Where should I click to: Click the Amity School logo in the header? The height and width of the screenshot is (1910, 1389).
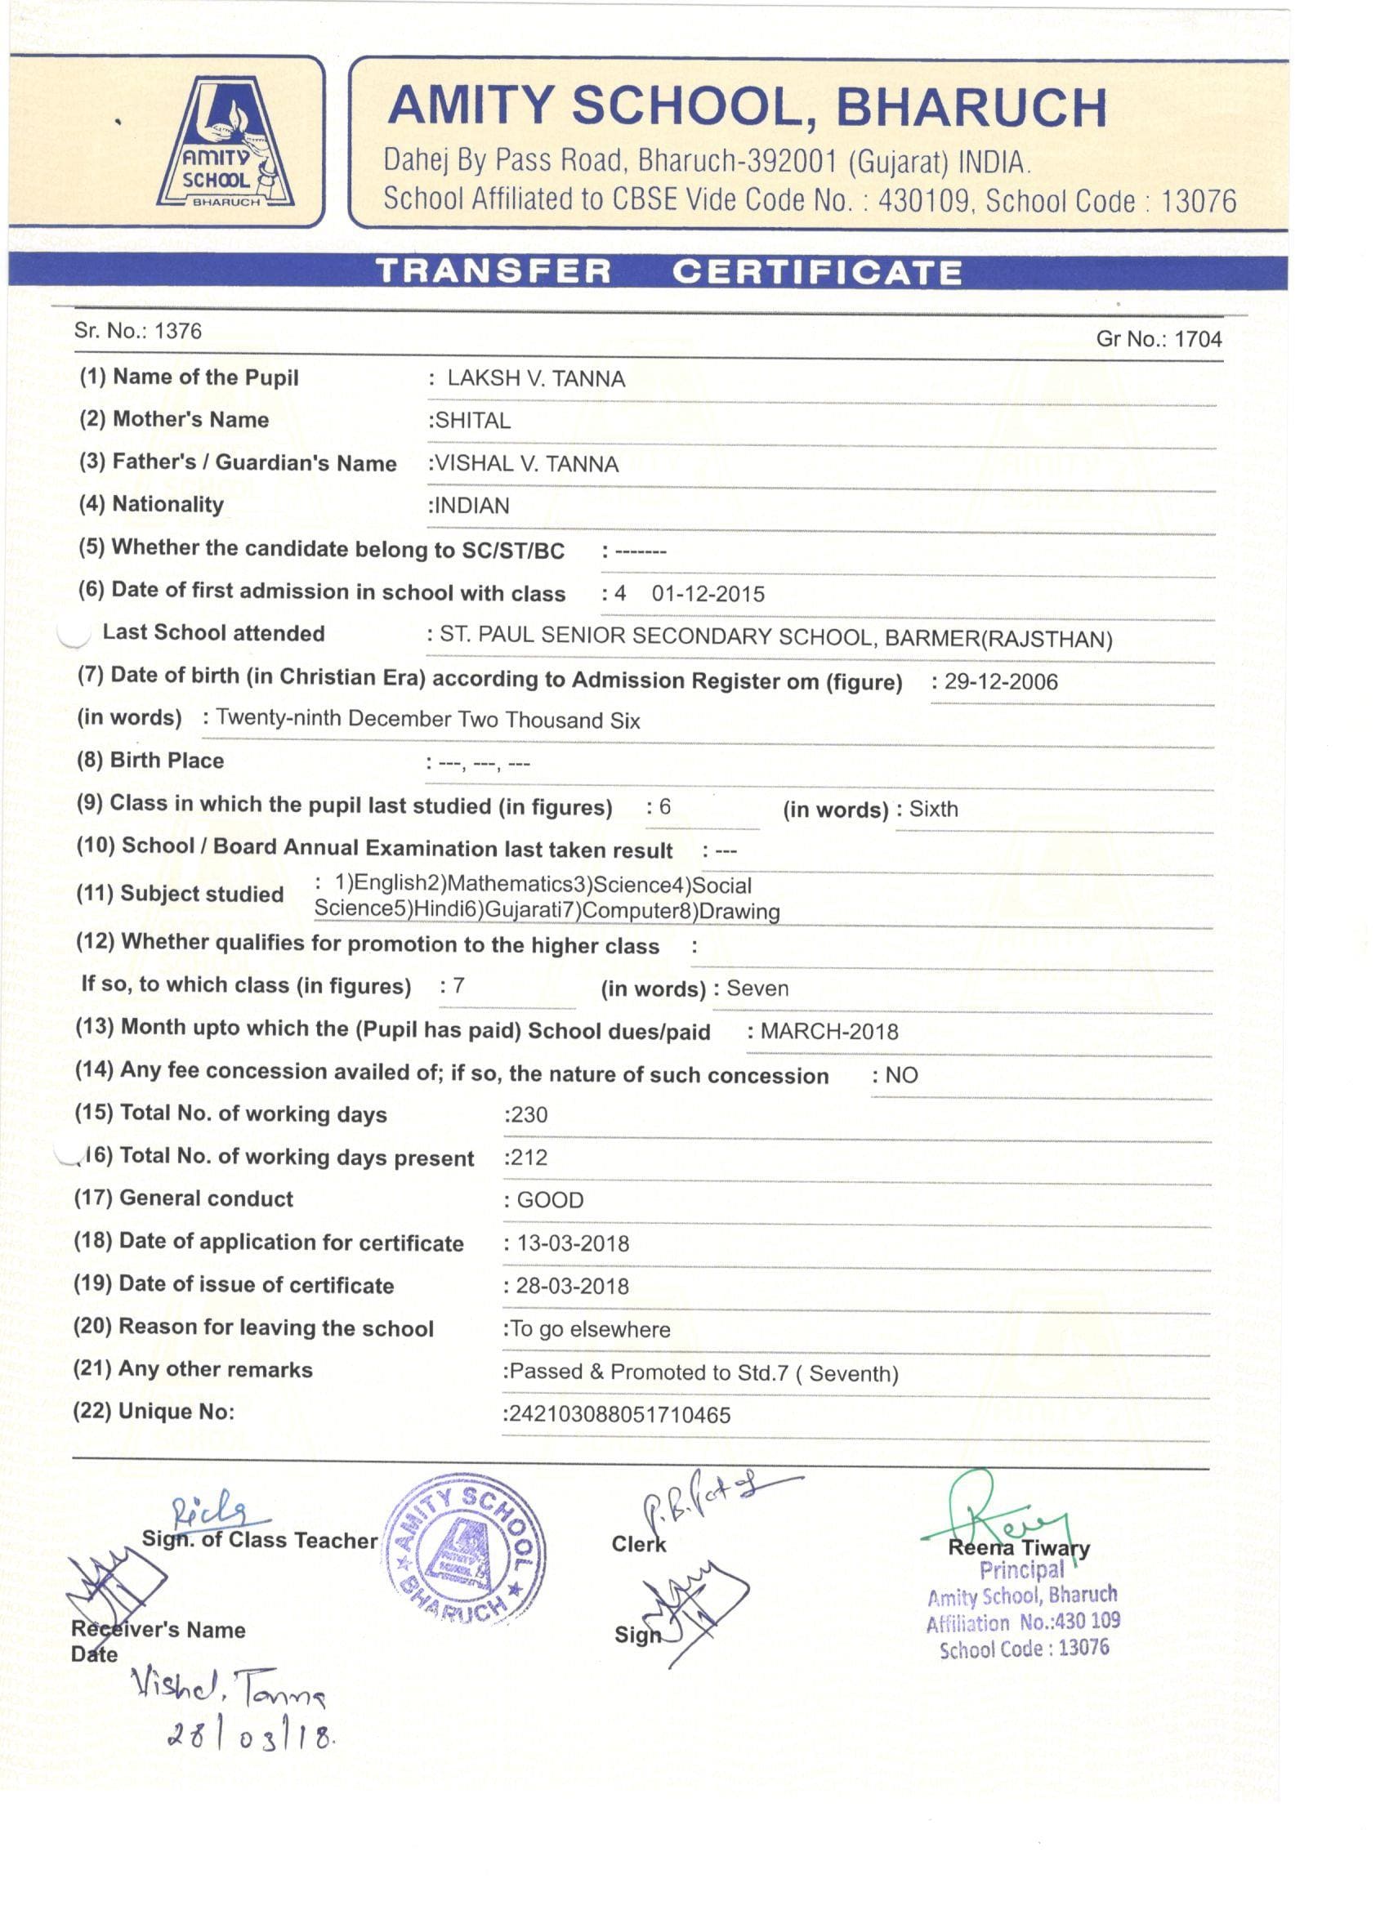point(226,143)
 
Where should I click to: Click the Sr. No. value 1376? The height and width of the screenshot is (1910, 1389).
point(178,331)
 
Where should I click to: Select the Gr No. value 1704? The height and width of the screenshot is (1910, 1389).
point(1198,339)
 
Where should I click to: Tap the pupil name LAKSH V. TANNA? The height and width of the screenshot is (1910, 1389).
point(536,379)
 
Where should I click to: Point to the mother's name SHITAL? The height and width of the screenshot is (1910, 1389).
point(472,421)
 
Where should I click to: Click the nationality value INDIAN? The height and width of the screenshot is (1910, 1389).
point(471,507)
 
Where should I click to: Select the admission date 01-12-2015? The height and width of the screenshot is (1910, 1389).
point(708,595)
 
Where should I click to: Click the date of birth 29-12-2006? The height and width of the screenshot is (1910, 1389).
point(1001,682)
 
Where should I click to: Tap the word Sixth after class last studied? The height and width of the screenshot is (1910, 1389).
point(933,810)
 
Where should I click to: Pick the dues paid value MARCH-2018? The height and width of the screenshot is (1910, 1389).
point(828,1032)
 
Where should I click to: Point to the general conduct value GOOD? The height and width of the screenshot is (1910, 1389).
point(550,1200)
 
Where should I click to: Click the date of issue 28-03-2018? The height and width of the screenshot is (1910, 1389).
point(573,1286)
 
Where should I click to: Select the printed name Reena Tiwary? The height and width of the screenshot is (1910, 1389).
point(1018,1547)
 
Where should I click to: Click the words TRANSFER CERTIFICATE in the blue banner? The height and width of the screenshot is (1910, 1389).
point(669,272)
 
